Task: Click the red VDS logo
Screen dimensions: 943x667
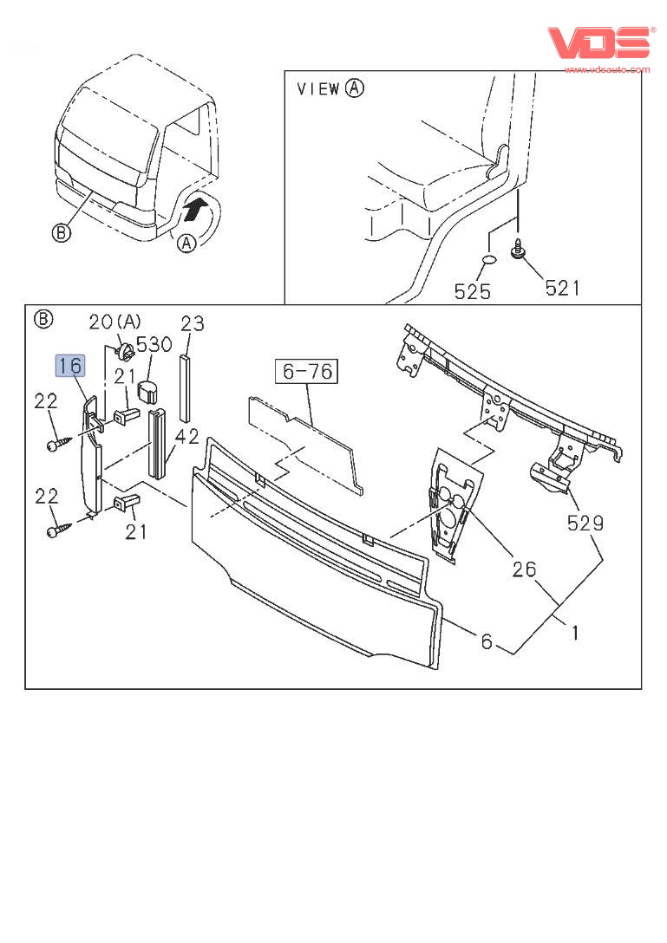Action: point(598,42)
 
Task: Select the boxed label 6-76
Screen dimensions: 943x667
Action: point(307,372)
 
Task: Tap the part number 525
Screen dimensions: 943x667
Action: point(473,290)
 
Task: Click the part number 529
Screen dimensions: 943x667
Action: point(585,524)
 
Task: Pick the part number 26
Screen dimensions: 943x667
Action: point(523,569)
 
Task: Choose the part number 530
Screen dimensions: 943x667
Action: point(154,345)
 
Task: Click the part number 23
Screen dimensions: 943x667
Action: point(193,324)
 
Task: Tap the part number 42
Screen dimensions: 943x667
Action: point(187,436)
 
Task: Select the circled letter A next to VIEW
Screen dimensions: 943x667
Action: point(354,88)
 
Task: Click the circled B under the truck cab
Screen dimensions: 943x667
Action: point(61,233)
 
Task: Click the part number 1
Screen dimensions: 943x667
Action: point(574,634)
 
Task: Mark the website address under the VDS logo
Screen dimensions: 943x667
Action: point(607,69)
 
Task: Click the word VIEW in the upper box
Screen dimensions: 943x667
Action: point(318,88)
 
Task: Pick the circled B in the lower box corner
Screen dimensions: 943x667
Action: point(42,319)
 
